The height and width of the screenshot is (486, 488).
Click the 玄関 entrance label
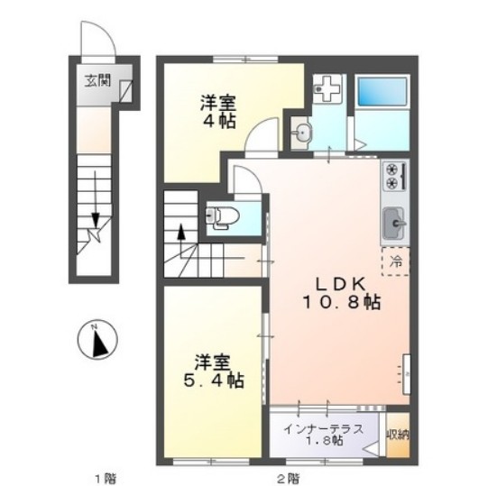pyautogui.click(x=97, y=81)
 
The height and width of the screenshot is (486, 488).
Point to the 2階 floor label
pyautogui.click(x=287, y=475)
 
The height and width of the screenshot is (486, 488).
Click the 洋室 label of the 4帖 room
pyautogui.click(x=217, y=102)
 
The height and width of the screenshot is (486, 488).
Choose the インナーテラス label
pyautogui.click(x=324, y=427)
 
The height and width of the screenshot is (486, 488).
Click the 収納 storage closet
pyautogui.click(x=397, y=435)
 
